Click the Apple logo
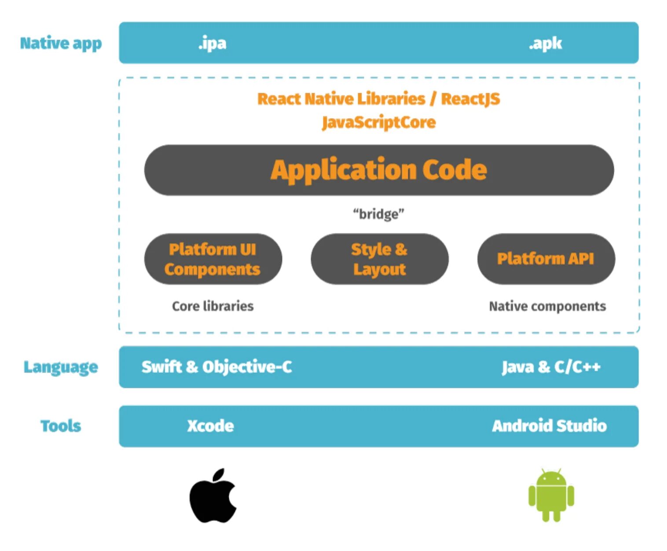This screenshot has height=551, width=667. tap(213, 497)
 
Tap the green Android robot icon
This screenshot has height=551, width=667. tap(551, 495)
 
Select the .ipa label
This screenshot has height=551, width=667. tap(213, 43)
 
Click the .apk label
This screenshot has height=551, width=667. tap(545, 43)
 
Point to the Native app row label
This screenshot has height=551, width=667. tap(61, 43)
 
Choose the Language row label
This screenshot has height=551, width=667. tap(61, 367)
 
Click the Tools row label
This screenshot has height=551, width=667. tap(61, 426)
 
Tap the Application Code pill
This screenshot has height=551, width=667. tap(379, 170)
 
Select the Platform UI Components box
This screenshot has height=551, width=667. tap(213, 259)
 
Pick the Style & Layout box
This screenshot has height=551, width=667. tap(379, 259)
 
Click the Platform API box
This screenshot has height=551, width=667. tap(546, 259)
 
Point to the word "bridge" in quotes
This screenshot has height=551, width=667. tap(378, 214)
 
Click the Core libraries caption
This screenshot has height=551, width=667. tap(213, 306)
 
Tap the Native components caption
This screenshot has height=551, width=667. tap(547, 306)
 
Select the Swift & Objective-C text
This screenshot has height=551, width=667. tap(216, 367)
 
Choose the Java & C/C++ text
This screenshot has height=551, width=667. tap(551, 367)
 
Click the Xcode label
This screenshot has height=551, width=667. tap(210, 426)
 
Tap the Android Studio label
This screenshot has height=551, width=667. tap(549, 426)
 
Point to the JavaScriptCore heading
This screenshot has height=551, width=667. tap(379, 122)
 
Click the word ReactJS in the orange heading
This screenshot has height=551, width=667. tap(470, 99)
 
